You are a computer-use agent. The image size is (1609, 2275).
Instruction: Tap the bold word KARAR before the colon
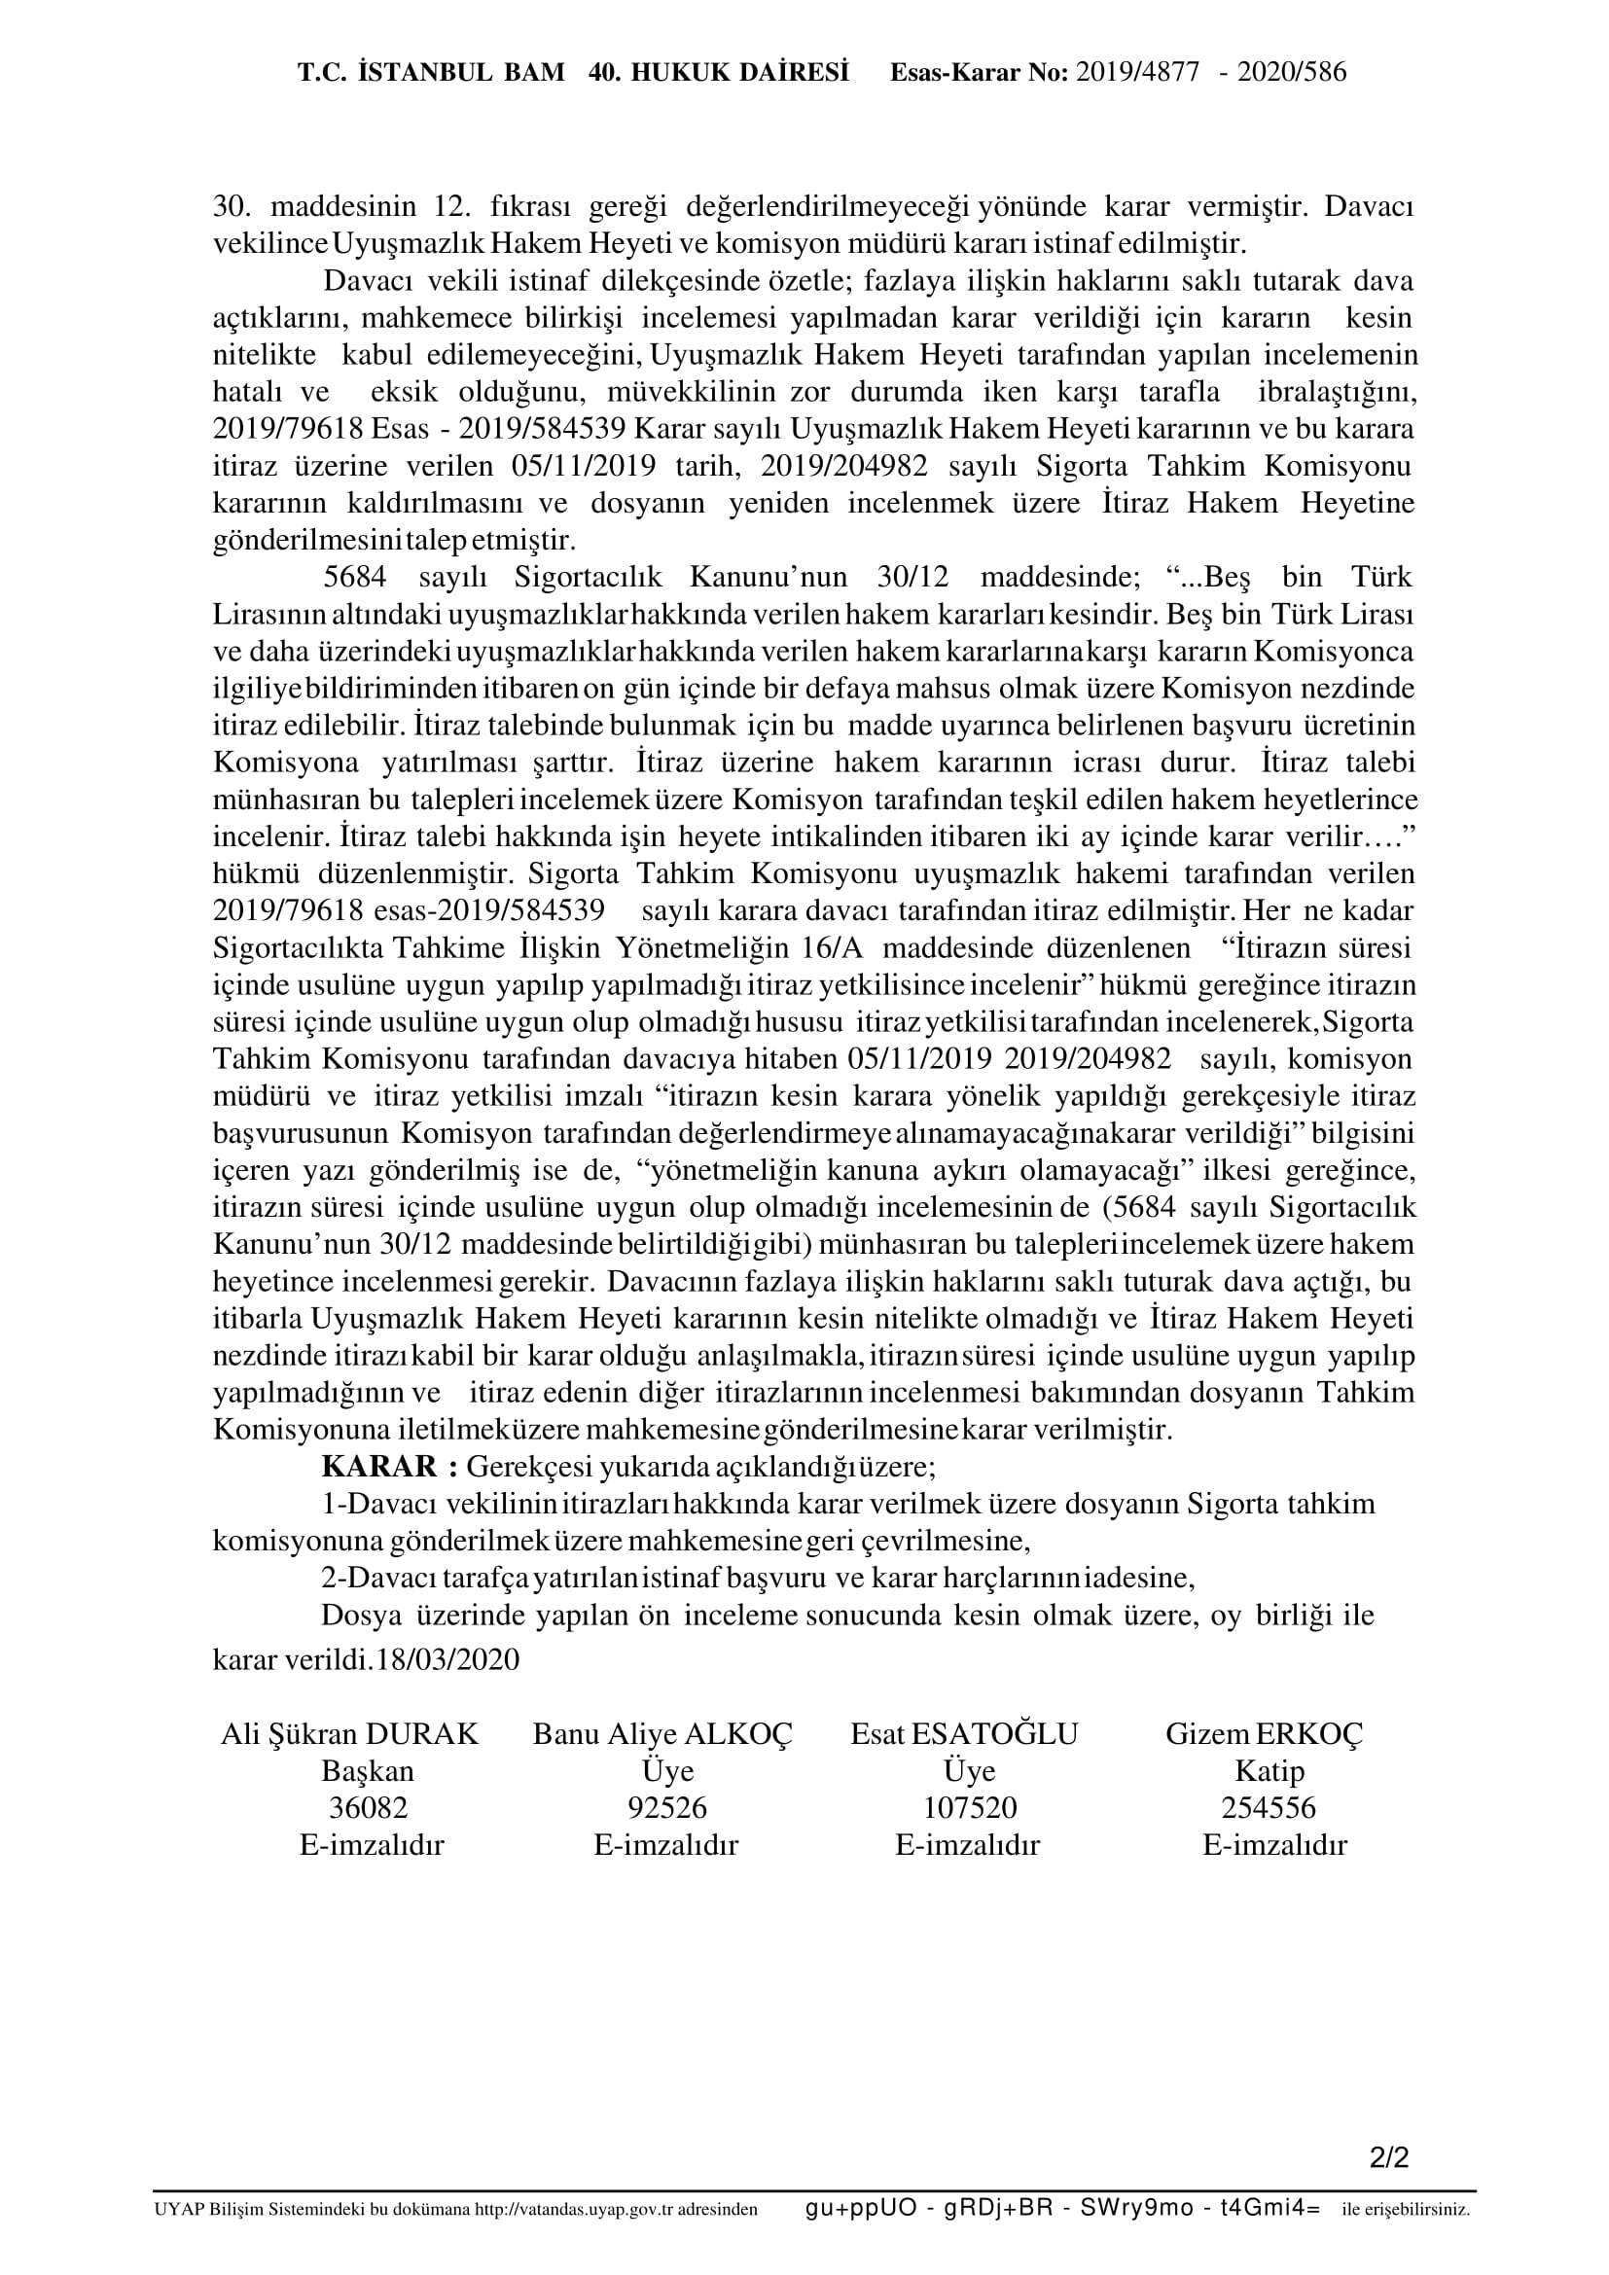tap(378, 1466)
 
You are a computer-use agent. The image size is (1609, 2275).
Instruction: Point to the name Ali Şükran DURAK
tap(350, 1734)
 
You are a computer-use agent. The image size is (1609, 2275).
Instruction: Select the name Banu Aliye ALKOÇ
tap(662, 1734)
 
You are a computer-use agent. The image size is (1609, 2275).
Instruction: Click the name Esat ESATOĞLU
tap(964, 1734)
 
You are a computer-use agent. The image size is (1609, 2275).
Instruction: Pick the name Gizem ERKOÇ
tap(1265, 1734)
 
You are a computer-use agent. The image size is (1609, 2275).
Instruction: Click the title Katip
tap(1269, 1770)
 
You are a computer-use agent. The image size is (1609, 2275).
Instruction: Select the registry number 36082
tap(368, 1808)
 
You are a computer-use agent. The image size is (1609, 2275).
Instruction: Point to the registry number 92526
tap(667, 1808)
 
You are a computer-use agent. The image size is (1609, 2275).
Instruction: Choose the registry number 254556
tap(1269, 1808)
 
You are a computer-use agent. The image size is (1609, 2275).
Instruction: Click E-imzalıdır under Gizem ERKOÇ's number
tap(1274, 1845)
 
